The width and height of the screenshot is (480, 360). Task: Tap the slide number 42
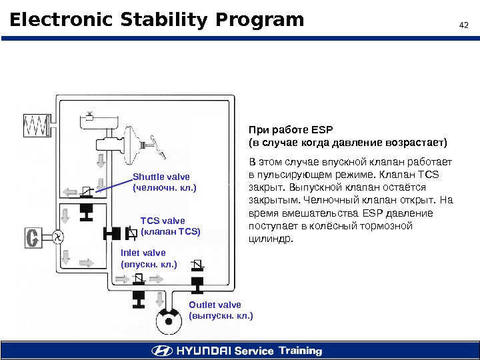pyautogui.click(x=465, y=26)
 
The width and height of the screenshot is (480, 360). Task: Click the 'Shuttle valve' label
pyautogui.click(x=161, y=177)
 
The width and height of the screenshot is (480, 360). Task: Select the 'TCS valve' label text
pyautogui.click(x=163, y=221)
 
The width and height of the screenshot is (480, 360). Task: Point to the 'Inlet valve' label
pyautogui.click(x=143, y=253)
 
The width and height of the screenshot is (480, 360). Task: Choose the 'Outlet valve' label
pyautogui.click(x=215, y=305)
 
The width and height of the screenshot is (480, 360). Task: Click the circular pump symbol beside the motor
pyautogui.click(x=57, y=236)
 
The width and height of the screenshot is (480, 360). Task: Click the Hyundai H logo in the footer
pyautogui.click(x=161, y=351)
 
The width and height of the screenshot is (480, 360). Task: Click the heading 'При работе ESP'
pyautogui.click(x=290, y=130)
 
